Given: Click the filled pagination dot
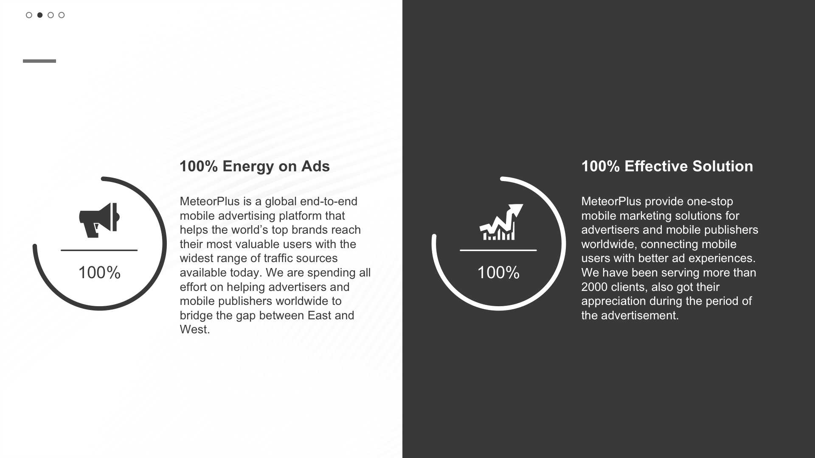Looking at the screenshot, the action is click(x=40, y=15).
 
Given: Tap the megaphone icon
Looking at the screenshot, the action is click(x=99, y=220).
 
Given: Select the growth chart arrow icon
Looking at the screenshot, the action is click(x=501, y=222).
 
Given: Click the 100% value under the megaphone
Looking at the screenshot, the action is click(x=99, y=272).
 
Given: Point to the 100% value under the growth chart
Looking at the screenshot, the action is click(x=498, y=272).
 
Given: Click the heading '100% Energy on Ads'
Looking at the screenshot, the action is click(x=255, y=166).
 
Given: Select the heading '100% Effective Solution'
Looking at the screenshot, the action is click(x=667, y=166).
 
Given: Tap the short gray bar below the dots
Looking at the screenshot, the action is click(x=39, y=61).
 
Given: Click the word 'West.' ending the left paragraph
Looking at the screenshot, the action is click(x=195, y=330).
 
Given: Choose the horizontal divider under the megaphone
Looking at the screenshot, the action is click(x=99, y=250).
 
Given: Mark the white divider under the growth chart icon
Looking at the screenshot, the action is click(x=498, y=250).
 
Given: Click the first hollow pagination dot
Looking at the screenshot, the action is click(x=29, y=15).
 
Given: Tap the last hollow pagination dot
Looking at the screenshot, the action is click(x=62, y=15).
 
